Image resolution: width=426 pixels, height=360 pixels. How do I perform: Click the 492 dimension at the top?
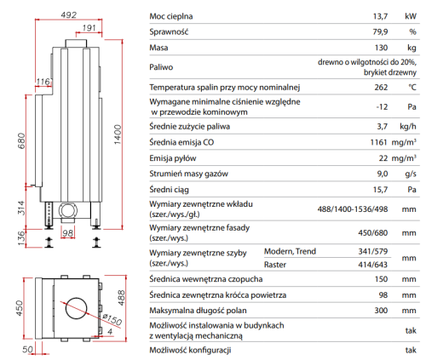[x=69, y=14]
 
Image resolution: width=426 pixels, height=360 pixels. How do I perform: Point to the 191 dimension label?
[x=89, y=28]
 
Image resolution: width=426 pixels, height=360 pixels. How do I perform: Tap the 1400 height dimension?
[x=118, y=134]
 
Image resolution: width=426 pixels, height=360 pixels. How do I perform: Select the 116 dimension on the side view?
[x=43, y=82]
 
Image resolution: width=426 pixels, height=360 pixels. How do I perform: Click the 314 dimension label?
[x=21, y=208]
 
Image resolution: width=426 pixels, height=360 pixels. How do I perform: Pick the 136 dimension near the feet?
[x=21, y=238]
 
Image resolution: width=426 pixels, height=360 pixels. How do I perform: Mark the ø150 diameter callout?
[x=112, y=319]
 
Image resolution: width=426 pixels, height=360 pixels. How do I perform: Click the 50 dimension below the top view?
[x=28, y=350]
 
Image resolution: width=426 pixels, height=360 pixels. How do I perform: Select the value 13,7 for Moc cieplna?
[x=380, y=16]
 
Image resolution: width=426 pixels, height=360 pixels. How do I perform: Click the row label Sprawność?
[x=169, y=31]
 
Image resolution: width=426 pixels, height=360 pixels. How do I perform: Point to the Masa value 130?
[x=381, y=48]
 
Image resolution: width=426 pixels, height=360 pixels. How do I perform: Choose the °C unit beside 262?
[x=412, y=87]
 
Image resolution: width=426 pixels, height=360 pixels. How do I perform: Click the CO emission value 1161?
[x=379, y=142]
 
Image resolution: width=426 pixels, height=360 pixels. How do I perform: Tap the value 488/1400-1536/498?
[x=353, y=209]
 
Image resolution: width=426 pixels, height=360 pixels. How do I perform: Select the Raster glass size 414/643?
[x=373, y=265]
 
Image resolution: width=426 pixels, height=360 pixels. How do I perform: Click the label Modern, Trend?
[x=290, y=251]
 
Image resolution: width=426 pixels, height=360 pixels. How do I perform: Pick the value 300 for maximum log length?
[x=381, y=311]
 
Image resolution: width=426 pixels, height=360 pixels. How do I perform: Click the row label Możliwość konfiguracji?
[x=190, y=351]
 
